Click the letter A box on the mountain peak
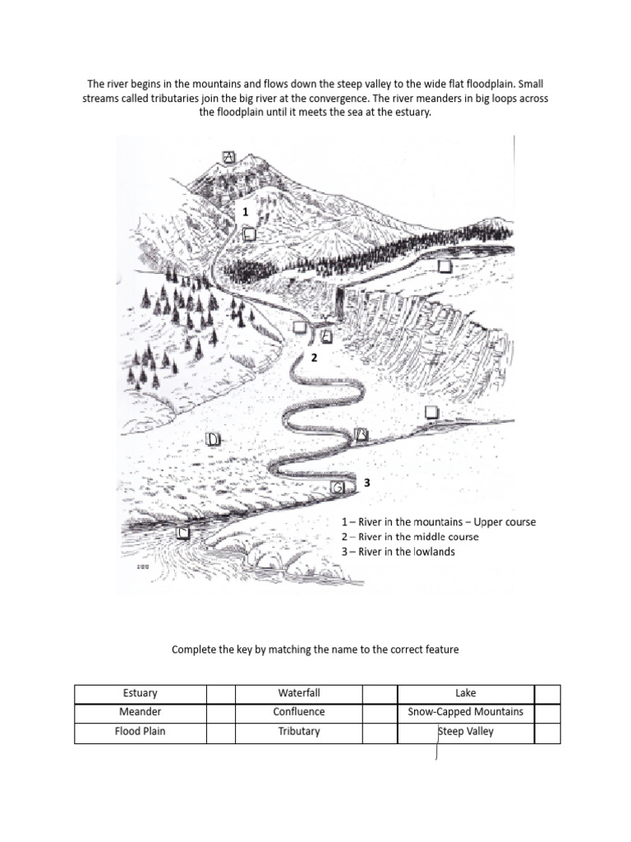(229, 157)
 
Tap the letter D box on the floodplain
(213, 439)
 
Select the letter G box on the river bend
(338, 488)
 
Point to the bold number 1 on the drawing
(244, 212)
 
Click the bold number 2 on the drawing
(313, 358)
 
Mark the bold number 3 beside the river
(367, 483)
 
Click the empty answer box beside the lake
(444, 266)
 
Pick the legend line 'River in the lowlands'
(398, 552)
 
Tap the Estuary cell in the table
(139, 693)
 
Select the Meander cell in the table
(139, 712)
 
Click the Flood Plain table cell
(139, 731)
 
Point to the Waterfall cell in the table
(298, 693)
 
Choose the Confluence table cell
(298, 712)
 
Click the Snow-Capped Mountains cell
(465, 712)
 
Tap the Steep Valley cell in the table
(465, 731)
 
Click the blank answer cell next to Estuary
(219, 693)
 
